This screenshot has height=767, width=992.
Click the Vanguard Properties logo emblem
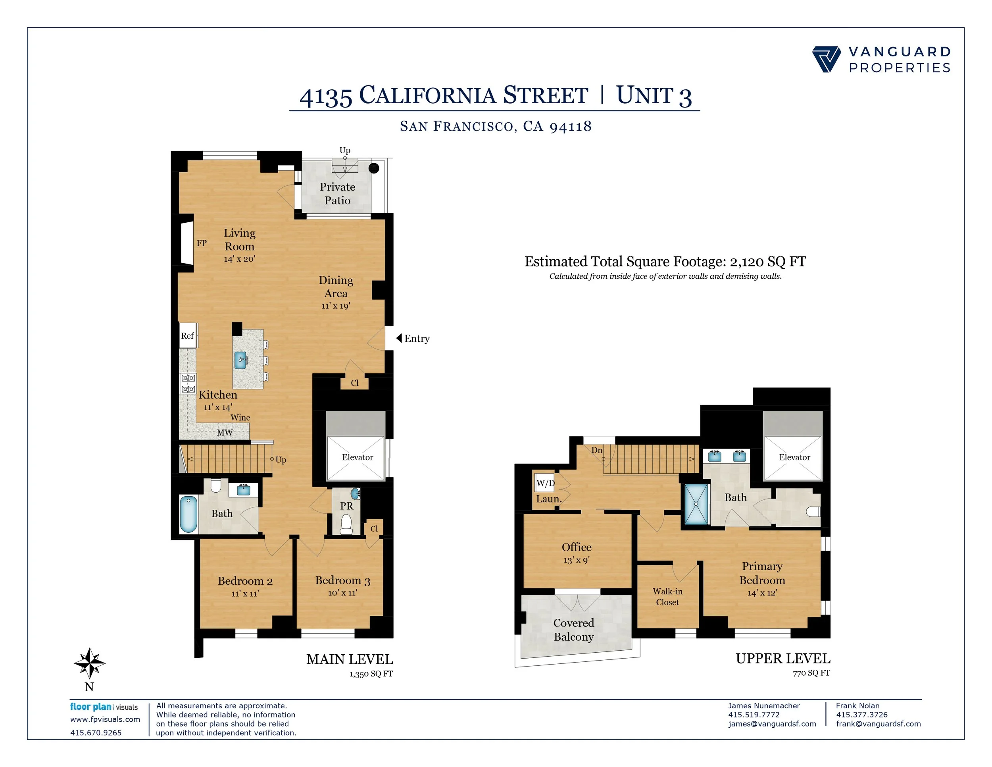coord(826,59)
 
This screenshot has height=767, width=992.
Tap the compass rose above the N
coord(90,663)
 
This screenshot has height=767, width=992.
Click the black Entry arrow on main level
coord(399,338)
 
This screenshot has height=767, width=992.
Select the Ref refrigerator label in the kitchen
coord(187,336)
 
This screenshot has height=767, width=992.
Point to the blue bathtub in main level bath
coord(188,515)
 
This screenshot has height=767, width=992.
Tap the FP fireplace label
coord(202,243)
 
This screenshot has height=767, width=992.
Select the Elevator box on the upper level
coord(793,458)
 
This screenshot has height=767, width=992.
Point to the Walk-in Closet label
coord(667,597)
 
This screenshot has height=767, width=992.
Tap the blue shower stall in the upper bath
coord(696,504)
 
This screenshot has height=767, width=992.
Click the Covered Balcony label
coord(574,630)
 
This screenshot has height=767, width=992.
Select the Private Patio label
coord(338,194)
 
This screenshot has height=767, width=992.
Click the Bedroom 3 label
coord(342,581)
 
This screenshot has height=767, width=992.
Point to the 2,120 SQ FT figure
coord(768,262)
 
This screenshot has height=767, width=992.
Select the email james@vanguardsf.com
coord(772,724)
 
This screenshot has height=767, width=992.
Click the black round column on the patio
coord(374,168)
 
